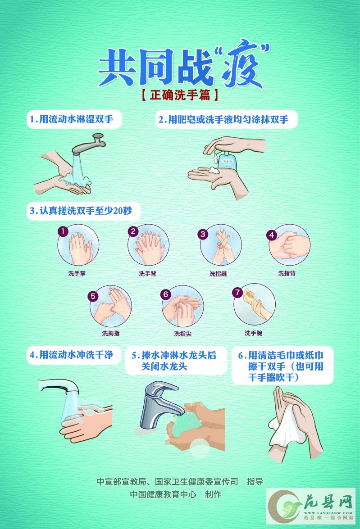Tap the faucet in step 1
pyautogui.click(x=89, y=144)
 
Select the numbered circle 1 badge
pyautogui.click(x=63, y=231)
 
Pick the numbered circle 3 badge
pyautogui.click(x=203, y=234)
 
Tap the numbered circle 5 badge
pyautogui.click(x=93, y=296)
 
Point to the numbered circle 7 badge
pyautogui.click(x=238, y=292)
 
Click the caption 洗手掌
pyautogui.click(x=77, y=273)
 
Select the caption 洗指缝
pyautogui.click(x=218, y=274)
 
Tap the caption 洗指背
pyautogui.click(x=287, y=273)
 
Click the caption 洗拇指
pyautogui.click(x=111, y=333)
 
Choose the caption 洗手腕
pyautogui.click(x=253, y=333)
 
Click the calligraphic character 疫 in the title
pyautogui.click(x=242, y=64)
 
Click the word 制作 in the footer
pyautogui.click(x=213, y=494)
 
